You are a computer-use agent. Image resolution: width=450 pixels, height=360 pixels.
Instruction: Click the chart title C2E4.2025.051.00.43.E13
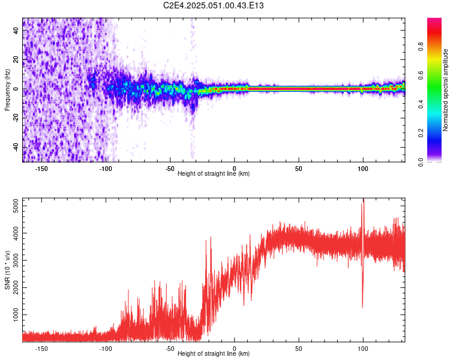pyautogui.click(x=214, y=6)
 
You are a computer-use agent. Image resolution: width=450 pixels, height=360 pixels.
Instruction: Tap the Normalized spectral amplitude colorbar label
pyautogui.click(x=445, y=90)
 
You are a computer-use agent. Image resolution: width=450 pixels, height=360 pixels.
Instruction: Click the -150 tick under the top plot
pyautogui.click(x=41, y=168)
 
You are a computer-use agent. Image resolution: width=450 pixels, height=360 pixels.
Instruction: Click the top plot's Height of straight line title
pyautogui.click(x=214, y=174)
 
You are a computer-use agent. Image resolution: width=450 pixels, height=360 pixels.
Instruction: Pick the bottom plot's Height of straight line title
pyautogui.click(x=214, y=354)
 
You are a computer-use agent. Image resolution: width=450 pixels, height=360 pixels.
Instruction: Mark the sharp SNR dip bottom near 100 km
pyautogui.click(x=362, y=307)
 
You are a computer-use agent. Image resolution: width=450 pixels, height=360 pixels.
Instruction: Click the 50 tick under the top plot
pyautogui.click(x=298, y=168)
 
